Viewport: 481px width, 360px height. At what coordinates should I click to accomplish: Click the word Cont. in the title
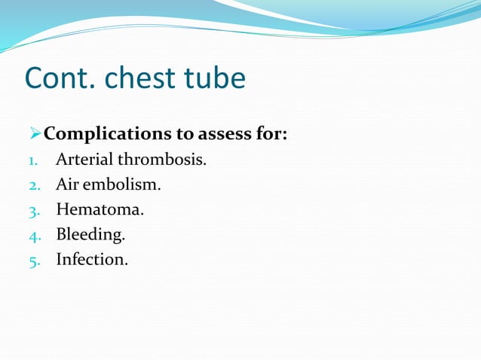[62, 78]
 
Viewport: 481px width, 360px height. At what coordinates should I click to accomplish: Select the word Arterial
[82, 160]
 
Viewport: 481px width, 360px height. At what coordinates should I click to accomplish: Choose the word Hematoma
[99, 210]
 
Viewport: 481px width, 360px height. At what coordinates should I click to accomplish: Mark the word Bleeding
[90, 235]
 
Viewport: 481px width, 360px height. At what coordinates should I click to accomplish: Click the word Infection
[91, 260]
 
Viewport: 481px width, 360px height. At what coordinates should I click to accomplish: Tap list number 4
[32, 236]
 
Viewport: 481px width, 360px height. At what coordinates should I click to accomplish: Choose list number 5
[32, 261]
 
